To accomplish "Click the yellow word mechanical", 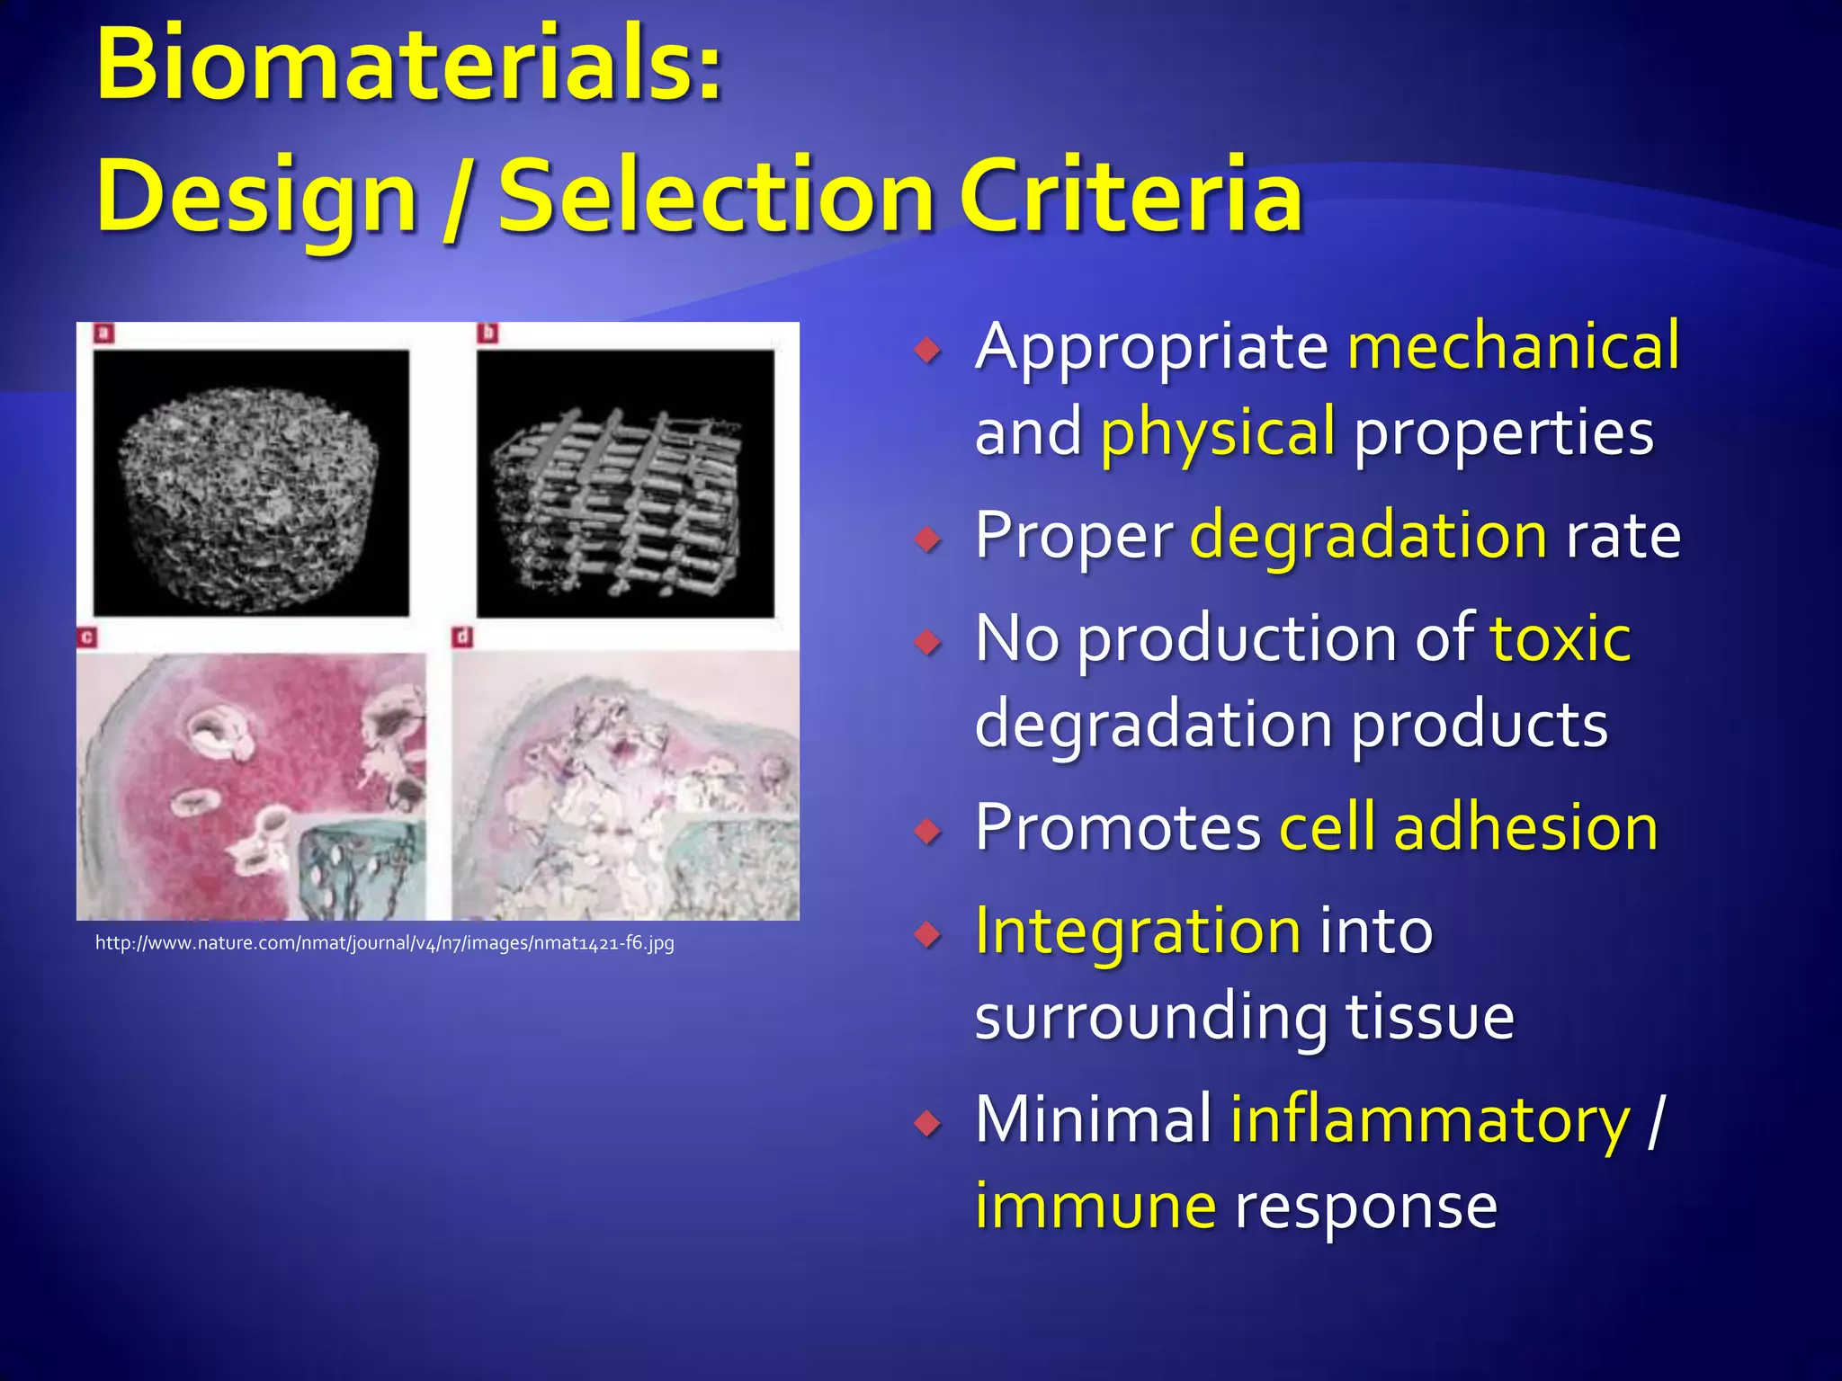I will pos(1513,346).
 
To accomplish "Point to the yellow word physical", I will pos(1218,432).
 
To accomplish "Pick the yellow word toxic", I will pos(1560,638).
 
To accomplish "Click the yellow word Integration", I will pos(1138,931).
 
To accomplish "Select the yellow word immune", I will pos(1095,1207).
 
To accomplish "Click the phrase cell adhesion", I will pos(1468,827).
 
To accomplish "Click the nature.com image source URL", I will pos(384,943).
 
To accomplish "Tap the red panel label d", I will pos(462,637).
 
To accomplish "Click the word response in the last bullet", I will pos(1365,1207).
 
